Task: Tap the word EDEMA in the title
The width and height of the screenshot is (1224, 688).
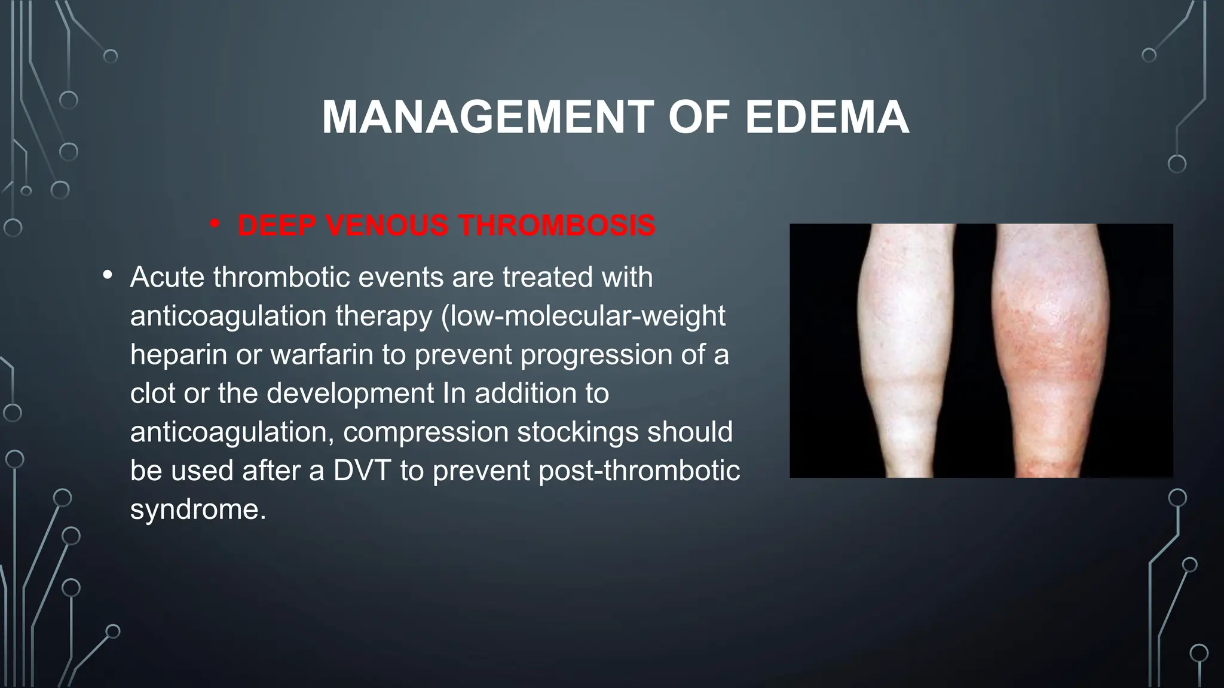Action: tap(827, 118)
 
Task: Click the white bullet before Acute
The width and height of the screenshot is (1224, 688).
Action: tap(108, 275)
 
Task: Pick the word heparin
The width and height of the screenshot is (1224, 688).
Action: tap(178, 355)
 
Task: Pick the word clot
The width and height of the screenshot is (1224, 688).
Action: tap(152, 394)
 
